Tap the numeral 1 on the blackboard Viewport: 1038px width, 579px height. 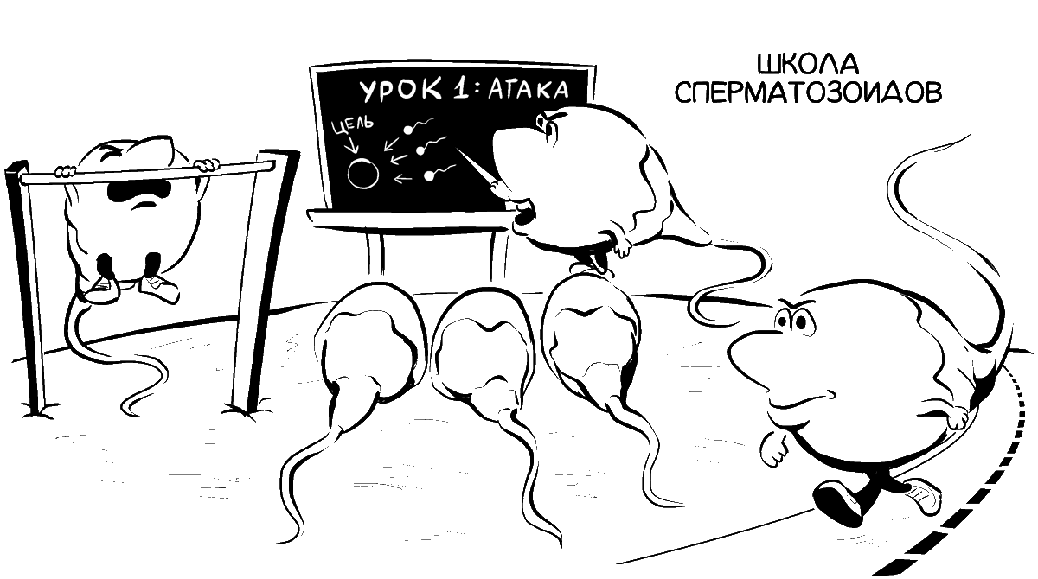pyautogui.click(x=447, y=90)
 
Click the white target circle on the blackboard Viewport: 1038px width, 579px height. pyautogui.click(x=363, y=173)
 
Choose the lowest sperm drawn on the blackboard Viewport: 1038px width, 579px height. pyautogui.click(x=431, y=178)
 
